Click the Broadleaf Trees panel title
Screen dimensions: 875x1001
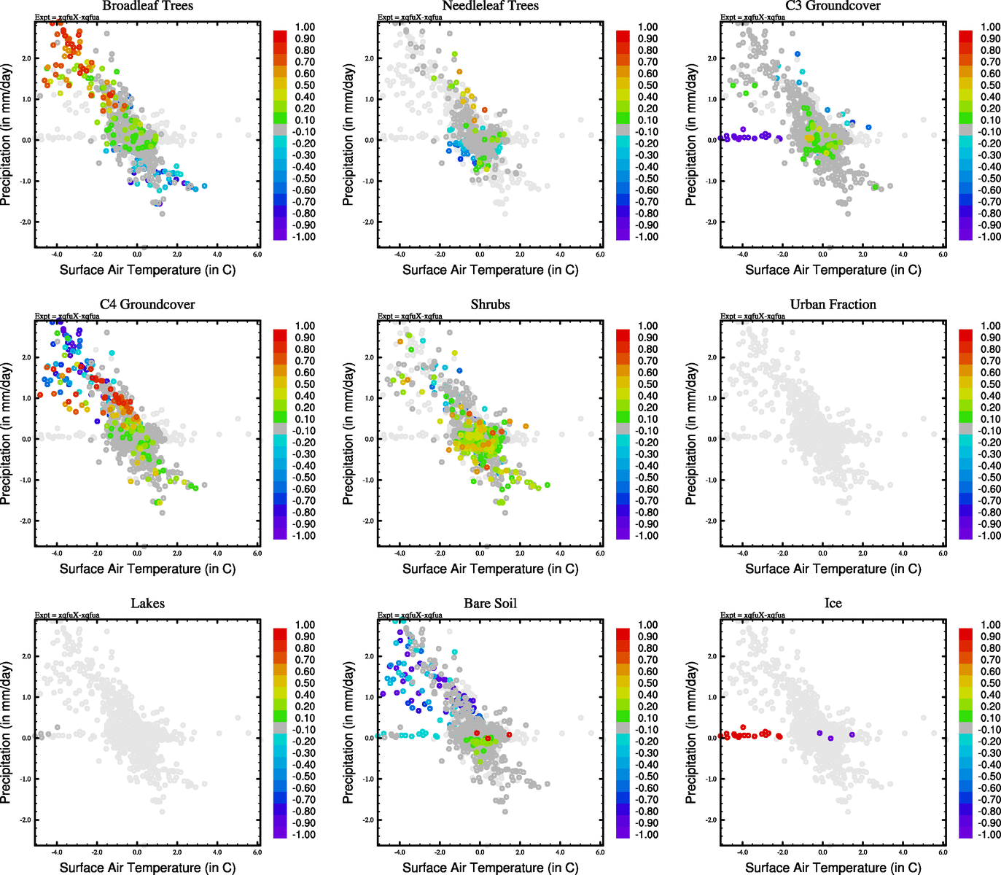point(147,6)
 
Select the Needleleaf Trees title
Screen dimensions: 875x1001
point(490,6)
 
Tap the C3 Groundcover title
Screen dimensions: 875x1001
point(833,6)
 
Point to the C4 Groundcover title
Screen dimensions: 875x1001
point(147,304)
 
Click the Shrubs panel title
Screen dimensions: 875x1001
point(490,304)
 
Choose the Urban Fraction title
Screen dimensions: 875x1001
point(833,304)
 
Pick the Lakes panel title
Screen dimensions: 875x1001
point(147,603)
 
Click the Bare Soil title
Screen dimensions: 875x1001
point(490,603)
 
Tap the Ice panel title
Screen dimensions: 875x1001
point(833,603)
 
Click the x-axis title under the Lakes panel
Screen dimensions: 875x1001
point(147,867)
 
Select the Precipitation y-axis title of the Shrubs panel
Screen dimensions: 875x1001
point(348,434)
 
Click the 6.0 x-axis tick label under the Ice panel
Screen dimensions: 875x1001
point(943,852)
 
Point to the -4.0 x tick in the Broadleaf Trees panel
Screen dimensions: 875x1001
point(57,254)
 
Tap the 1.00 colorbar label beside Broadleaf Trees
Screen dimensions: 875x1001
point(305,27)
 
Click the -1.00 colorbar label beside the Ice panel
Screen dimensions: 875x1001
point(989,834)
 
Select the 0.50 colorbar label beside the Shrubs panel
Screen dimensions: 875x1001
point(647,384)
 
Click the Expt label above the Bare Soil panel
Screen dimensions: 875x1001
point(410,615)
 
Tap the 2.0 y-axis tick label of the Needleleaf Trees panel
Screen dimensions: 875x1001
point(369,58)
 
